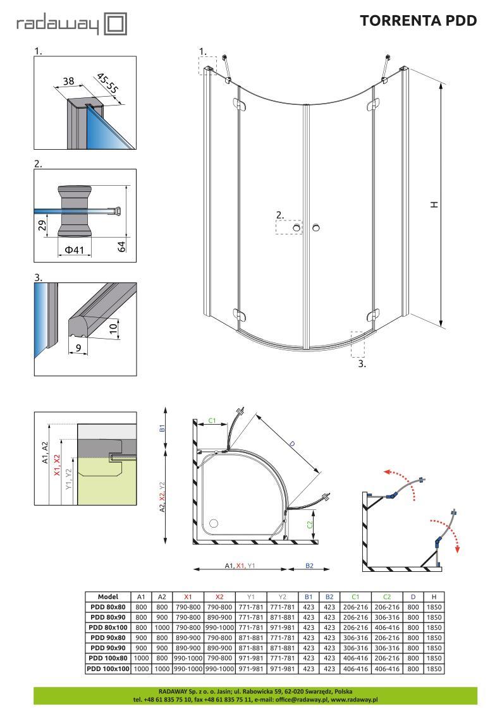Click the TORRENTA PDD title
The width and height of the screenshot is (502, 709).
click(419, 21)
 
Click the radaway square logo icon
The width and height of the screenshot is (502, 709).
click(115, 24)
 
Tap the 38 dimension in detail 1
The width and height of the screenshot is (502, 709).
click(68, 81)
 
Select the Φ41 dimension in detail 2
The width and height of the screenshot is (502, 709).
click(74, 250)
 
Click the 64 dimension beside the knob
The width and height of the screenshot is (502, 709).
click(121, 247)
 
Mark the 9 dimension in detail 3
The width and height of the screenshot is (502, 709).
click(78, 348)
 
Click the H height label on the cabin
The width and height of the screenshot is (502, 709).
click(434, 205)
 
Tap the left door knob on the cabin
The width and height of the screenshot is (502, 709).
click(297, 227)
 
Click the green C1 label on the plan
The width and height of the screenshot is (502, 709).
click(212, 421)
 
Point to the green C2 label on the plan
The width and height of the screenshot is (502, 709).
click(310, 524)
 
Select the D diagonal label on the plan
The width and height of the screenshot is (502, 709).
click(292, 444)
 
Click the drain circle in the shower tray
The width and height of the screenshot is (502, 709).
click(214, 524)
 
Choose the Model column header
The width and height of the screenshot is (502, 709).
click(108, 597)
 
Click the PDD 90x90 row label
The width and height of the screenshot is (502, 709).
click(108, 648)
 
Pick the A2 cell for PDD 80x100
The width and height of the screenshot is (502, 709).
click(162, 627)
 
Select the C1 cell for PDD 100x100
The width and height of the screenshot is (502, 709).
click(355, 669)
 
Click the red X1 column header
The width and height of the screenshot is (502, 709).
click(188, 597)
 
